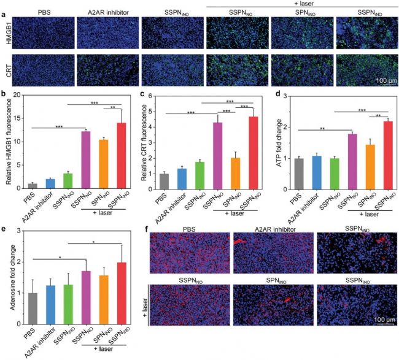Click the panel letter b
click(x=6, y=93)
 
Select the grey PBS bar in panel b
click(x=34, y=186)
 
